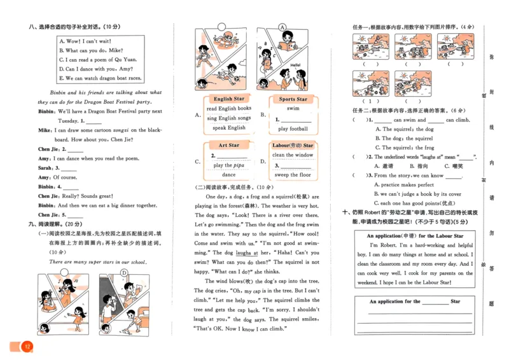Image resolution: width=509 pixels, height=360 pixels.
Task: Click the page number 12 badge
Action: tap(27, 347)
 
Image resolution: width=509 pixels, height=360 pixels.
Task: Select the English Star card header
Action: tap(228, 99)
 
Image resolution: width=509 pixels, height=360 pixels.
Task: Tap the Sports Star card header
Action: tap(293, 99)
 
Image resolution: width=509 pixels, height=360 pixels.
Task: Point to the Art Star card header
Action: tap(228, 146)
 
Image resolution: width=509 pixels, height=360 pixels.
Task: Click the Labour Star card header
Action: tap(293, 146)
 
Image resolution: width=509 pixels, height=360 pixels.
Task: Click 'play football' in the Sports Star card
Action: tap(292, 129)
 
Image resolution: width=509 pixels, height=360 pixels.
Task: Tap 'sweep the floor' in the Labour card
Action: tap(293, 175)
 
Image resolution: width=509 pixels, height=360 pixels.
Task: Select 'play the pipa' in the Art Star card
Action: tap(228, 165)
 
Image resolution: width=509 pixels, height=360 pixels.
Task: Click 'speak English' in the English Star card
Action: tap(226, 128)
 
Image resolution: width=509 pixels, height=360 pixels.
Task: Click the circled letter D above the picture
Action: tap(125, 273)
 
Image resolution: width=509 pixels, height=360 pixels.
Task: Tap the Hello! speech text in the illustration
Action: tap(295, 66)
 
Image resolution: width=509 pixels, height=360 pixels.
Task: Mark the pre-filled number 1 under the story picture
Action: tap(366, 100)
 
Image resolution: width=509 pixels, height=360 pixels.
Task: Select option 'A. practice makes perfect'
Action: tap(408, 184)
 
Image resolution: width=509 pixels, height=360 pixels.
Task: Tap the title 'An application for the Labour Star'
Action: tap(415, 236)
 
